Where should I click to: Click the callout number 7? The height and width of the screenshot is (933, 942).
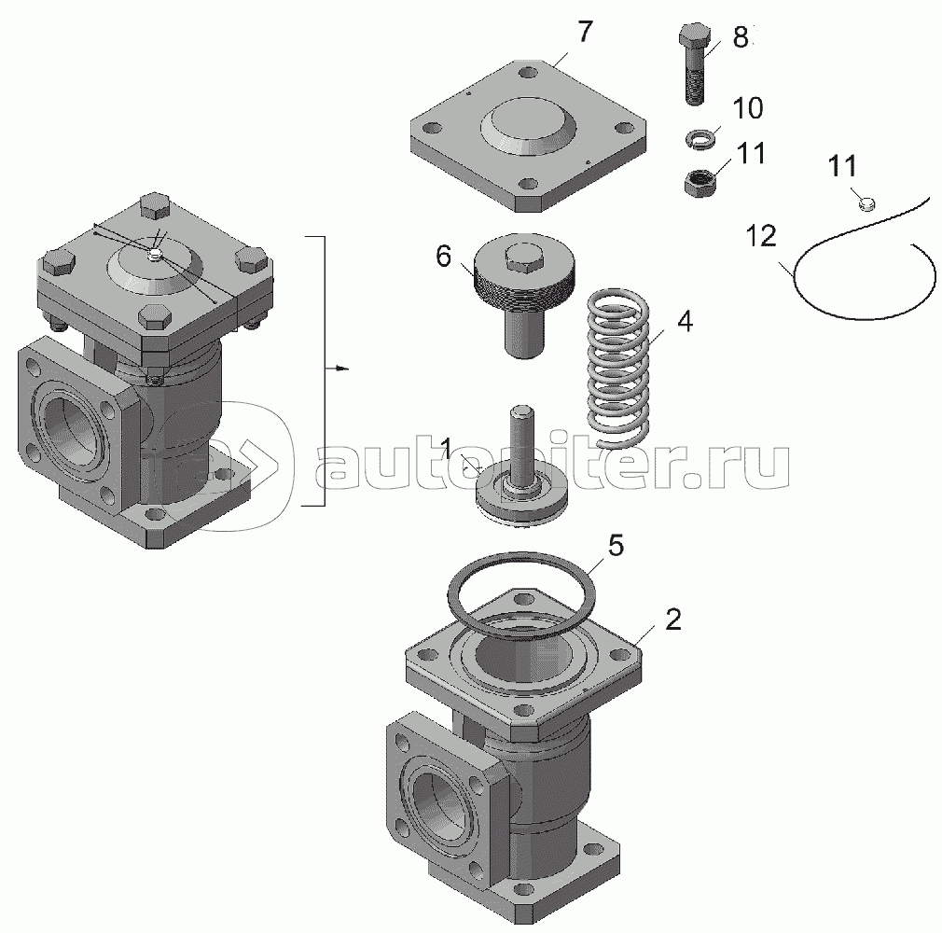point(586,32)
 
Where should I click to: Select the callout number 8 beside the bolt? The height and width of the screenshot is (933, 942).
point(741,37)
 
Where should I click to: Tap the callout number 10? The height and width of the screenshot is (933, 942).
point(748,108)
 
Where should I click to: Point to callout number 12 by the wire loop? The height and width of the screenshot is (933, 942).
point(761,236)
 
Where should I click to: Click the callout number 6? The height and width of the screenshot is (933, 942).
point(443,257)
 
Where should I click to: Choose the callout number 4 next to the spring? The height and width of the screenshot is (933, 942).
point(685,322)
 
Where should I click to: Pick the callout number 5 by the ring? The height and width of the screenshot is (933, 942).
point(616,546)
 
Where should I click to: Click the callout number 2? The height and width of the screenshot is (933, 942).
point(673,620)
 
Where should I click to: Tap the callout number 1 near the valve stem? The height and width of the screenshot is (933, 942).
point(447,448)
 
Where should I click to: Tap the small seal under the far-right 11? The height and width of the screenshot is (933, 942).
point(866,204)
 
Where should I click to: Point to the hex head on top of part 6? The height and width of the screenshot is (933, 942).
point(524,257)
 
